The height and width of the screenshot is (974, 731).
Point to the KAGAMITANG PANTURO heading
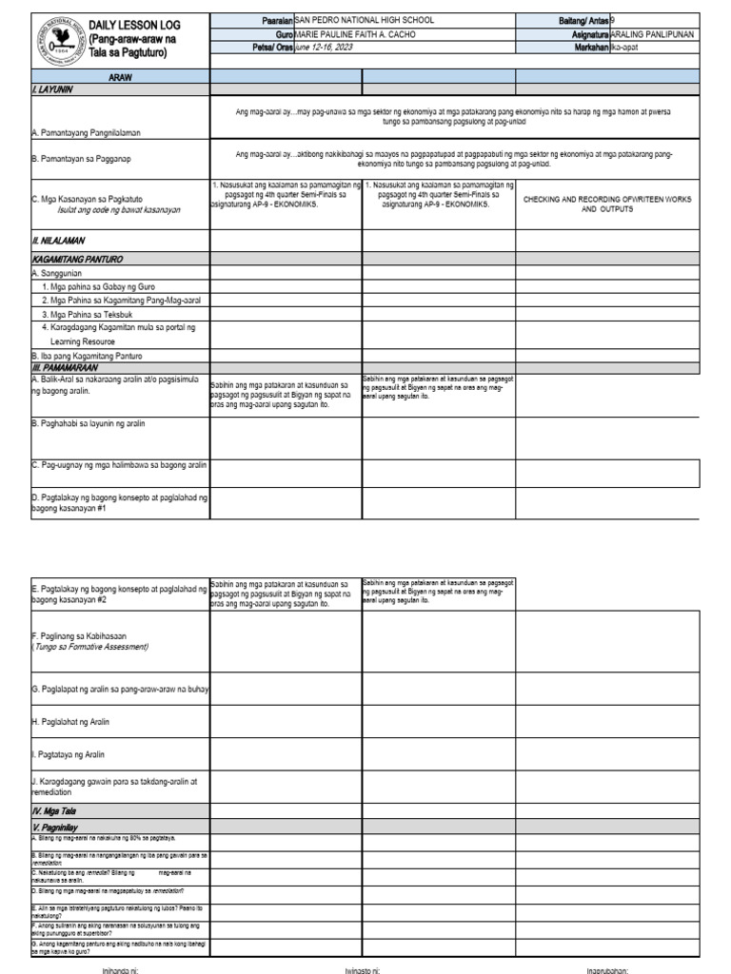(77, 259)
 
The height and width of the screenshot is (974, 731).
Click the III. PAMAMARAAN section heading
(62, 366)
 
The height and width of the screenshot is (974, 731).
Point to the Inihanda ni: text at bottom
(121, 970)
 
